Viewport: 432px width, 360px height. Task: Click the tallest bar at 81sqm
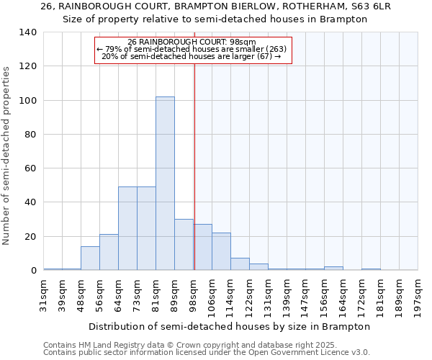pos(165,184)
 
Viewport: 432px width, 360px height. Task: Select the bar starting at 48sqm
pos(90,258)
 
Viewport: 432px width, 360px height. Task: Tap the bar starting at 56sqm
pos(109,252)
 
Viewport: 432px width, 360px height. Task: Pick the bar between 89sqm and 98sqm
pos(184,245)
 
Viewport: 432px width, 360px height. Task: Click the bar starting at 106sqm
pos(221,251)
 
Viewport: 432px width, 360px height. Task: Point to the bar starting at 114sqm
pos(240,264)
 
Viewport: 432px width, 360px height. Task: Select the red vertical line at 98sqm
pos(194,180)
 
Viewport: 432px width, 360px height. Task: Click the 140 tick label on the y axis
pos(27,32)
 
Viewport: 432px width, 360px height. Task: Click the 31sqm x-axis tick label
pos(43,293)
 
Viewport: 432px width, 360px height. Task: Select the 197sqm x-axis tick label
pos(418,293)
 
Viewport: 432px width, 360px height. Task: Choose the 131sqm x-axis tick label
pos(268,293)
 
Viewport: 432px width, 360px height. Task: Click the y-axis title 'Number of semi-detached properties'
pos(6,155)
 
